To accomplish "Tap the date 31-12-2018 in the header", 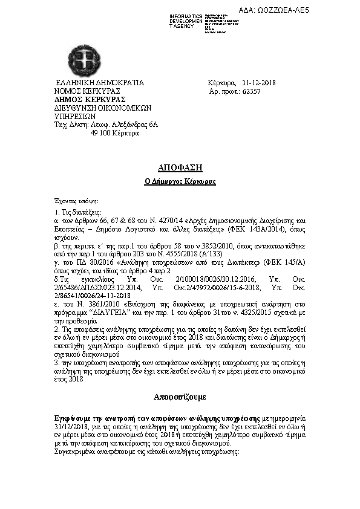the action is pos(258,82).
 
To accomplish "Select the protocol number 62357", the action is pos(251,91).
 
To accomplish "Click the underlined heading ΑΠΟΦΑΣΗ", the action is pos(180,167).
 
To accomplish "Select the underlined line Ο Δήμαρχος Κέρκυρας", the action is pos(180,181).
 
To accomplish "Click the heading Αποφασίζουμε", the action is pos(180,397).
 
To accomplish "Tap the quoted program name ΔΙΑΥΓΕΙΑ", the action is pos(117,313).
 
